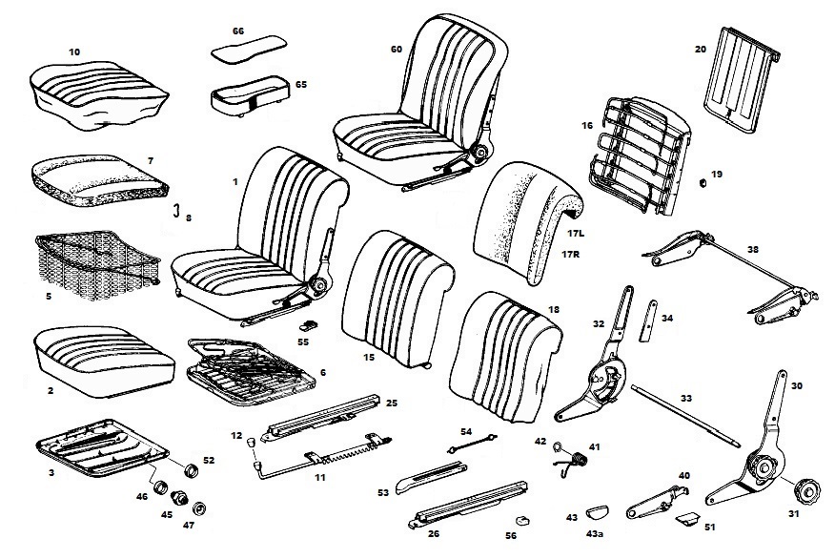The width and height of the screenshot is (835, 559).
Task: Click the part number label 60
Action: [397, 49]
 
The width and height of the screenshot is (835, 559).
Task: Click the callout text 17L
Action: [574, 233]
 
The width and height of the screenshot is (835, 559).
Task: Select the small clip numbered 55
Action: [303, 322]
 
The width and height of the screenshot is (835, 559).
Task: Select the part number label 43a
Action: [595, 535]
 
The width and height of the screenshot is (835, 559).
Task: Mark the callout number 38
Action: [753, 250]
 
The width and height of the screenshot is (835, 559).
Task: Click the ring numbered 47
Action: [199, 507]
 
